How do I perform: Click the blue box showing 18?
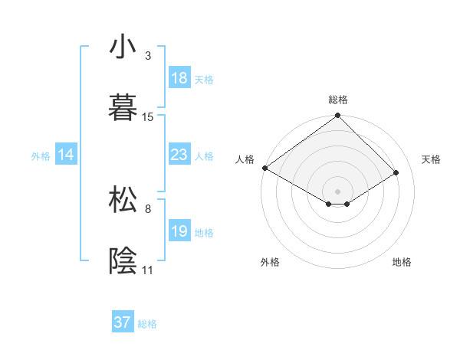(179, 78)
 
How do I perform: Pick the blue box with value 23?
(179, 155)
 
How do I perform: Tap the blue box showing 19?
(179, 231)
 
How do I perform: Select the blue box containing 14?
(66, 155)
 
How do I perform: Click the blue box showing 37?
(123, 322)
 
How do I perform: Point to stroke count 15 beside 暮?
(148, 116)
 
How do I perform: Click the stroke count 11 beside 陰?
(147, 270)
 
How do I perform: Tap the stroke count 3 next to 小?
(148, 56)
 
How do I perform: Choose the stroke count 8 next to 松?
(147, 208)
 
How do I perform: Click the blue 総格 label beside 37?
(147, 324)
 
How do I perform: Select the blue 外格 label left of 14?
(41, 155)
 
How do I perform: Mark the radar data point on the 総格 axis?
(337, 116)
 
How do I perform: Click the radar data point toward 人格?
(264, 168)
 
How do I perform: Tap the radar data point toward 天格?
(396, 173)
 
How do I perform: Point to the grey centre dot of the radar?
(337, 191)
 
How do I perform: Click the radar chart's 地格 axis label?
(402, 262)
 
